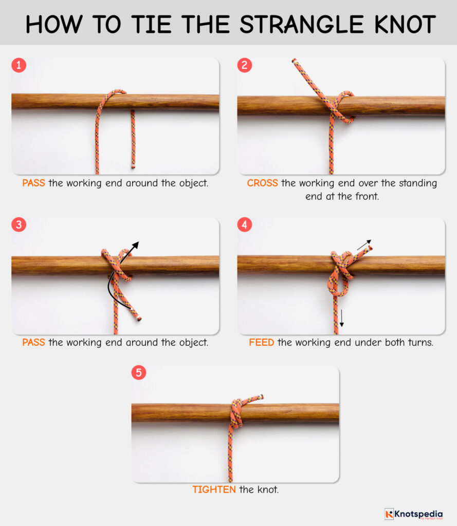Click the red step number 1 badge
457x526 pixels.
pyautogui.click(x=19, y=65)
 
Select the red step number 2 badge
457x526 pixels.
pyautogui.click(x=245, y=65)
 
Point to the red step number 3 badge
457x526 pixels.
pyautogui.click(x=19, y=225)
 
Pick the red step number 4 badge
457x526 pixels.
pyautogui.click(x=245, y=225)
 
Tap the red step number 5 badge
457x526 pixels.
pyautogui.click(x=139, y=372)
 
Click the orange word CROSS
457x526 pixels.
pyautogui.click(x=262, y=183)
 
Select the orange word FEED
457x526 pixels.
pyautogui.click(x=261, y=343)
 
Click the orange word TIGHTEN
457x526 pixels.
pyautogui.click(x=214, y=490)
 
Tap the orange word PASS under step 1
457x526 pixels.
pyautogui.click(x=33, y=183)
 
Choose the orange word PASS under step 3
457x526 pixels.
pyautogui.click(x=33, y=343)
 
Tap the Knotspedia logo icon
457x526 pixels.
pyautogui.click(x=389, y=514)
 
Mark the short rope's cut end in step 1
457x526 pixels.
pyautogui.click(x=133, y=166)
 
